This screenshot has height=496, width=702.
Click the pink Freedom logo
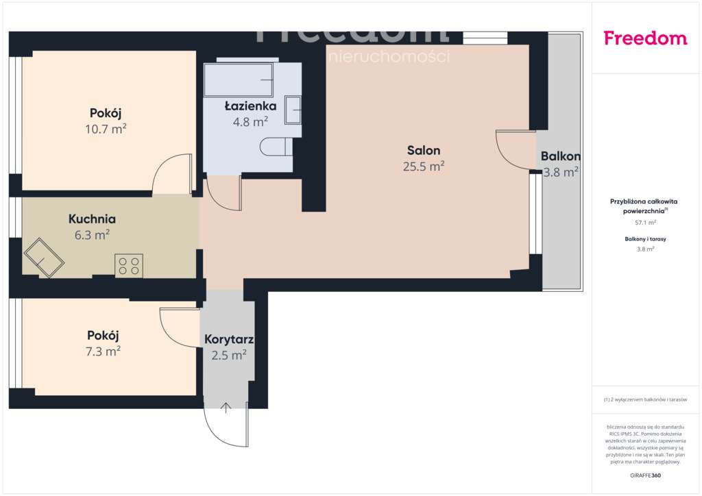(645, 38)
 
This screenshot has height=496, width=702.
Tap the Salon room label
(424, 151)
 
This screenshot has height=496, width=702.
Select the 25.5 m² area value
(424, 166)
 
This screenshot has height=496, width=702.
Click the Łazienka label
(250, 106)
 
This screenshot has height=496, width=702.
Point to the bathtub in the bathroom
(239, 79)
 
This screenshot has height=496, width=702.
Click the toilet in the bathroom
(276, 146)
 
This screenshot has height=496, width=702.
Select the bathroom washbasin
(293, 110)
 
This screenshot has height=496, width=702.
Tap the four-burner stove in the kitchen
(129, 265)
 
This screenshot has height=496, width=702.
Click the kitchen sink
(45, 257)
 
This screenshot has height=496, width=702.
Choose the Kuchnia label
(92, 220)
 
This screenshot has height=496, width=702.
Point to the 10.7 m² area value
(109, 129)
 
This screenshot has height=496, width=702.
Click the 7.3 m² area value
(104, 351)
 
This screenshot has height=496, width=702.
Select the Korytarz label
(229, 339)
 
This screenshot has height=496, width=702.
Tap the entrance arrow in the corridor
(226, 408)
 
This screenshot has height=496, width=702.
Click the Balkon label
(561, 156)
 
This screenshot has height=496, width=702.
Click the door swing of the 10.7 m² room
(171, 175)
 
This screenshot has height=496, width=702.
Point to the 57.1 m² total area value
(644, 223)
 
